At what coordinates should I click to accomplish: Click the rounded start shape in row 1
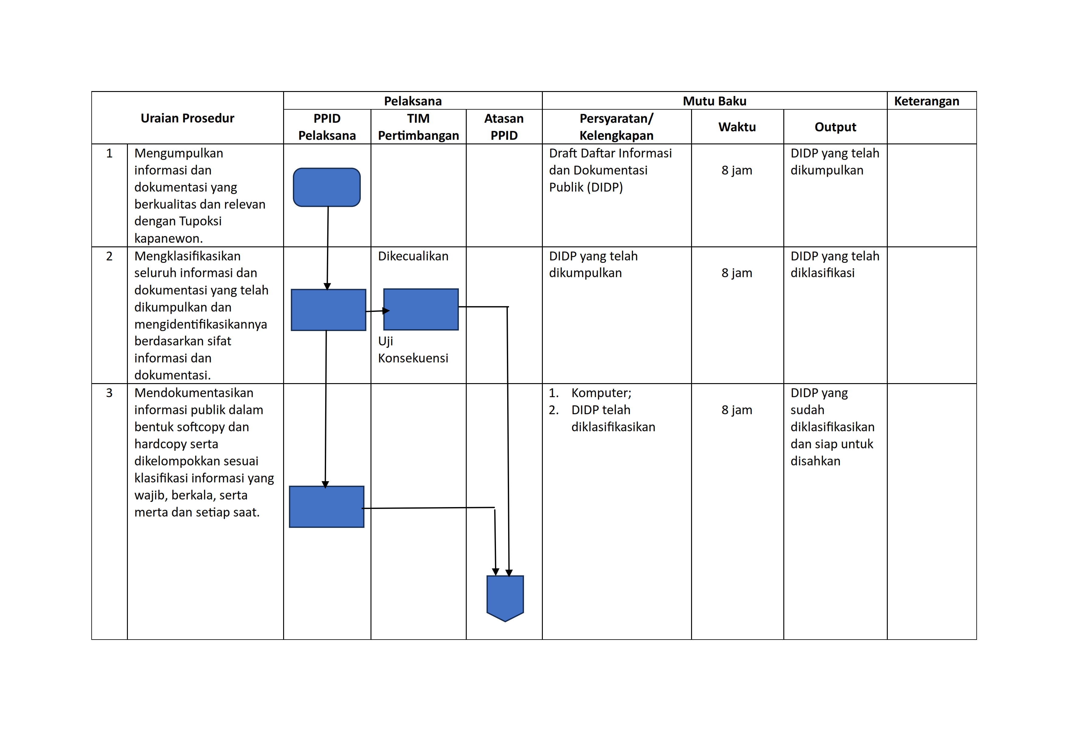327,187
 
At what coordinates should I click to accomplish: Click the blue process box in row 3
327,506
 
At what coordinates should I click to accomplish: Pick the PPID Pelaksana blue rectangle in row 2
328,310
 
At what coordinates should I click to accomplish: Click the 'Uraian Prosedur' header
188,118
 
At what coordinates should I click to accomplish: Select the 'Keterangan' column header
927,101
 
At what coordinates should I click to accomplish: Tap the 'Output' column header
835,127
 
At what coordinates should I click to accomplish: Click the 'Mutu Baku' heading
715,101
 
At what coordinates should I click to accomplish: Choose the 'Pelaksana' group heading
413,101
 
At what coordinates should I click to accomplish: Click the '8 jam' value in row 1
737,170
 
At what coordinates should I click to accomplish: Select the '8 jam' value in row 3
737,410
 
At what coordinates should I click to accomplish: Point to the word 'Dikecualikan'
413,256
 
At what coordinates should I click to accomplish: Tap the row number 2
109,256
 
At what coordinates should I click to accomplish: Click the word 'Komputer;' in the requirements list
602,393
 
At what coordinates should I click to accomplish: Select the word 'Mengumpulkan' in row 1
179,153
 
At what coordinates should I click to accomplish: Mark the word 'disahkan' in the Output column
815,461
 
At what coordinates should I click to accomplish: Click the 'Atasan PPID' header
504,127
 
